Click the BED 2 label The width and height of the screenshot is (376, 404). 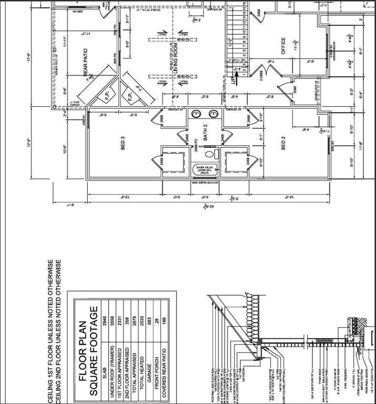coord(283,143)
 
